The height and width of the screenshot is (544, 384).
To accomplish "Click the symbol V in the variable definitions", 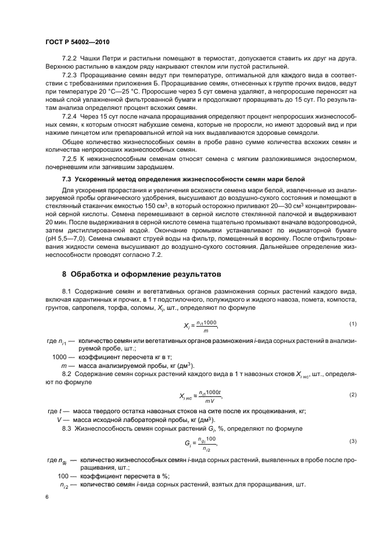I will click(59, 420).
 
